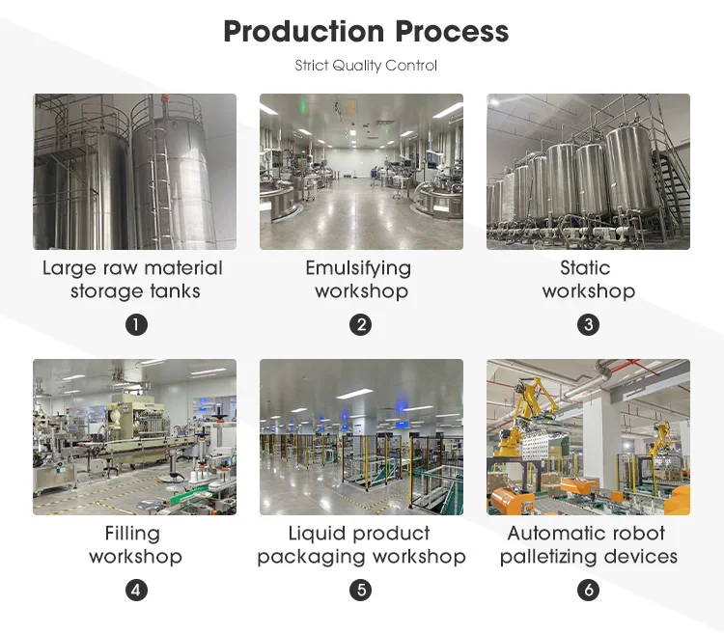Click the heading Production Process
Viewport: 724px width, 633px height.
pyautogui.click(x=366, y=31)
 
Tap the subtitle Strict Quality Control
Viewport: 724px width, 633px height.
pyautogui.click(x=366, y=66)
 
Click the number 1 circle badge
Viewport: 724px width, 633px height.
pyautogui.click(x=136, y=324)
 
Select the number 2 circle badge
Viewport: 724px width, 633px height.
pyautogui.click(x=361, y=324)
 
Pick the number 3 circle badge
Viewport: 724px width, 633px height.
pyautogui.click(x=588, y=324)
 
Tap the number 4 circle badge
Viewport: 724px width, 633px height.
pyautogui.click(x=136, y=590)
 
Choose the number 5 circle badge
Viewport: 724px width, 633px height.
pyautogui.click(x=361, y=590)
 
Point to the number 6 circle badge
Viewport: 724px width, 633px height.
pyautogui.click(x=588, y=590)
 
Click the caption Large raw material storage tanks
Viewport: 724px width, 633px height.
pyautogui.click(x=133, y=280)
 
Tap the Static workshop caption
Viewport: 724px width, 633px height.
pyautogui.click(x=588, y=280)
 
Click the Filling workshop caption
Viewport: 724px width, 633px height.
pyautogui.click(x=134, y=545)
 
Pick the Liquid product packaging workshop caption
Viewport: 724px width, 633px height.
pyautogui.click(x=361, y=545)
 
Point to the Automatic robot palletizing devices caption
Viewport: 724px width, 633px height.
pyautogui.click(x=588, y=545)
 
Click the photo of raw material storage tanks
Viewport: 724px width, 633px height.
pyautogui.click(x=134, y=172)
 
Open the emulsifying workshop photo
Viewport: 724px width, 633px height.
pyautogui.click(x=361, y=172)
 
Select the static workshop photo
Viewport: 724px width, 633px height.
pyautogui.click(x=588, y=172)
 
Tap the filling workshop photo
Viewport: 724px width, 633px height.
pyautogui.click(x=134, y=437)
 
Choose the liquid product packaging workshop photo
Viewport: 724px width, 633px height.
pyautogui.click(x=361, y=437)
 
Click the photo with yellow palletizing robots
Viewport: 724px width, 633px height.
pyautogui.click(x=588, y=437)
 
